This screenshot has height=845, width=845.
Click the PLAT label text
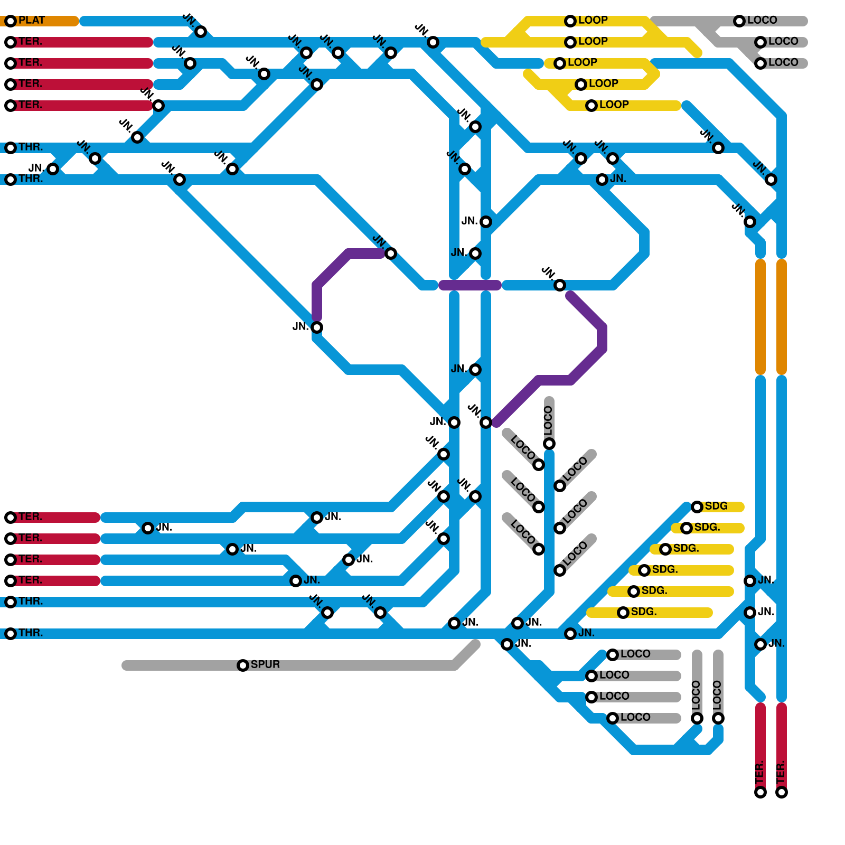tap(32, 21)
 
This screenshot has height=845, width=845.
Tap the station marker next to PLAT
tap(11, 21)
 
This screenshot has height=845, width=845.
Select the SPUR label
tap(265, 664)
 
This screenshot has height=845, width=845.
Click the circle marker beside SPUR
tap(243, 665)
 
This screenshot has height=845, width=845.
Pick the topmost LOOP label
tap(593, 20)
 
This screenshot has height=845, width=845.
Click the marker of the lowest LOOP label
tap(591, 106)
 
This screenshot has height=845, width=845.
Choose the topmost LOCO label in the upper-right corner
tap(762, 20)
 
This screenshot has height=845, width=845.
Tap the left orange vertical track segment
tap(760, 317)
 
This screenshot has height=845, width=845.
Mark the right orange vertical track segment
tap(782, 317)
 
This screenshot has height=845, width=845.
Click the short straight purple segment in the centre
tap(470, 285)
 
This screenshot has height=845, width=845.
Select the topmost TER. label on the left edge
tap(31, 41)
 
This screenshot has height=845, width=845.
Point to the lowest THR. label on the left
tap(31, 633)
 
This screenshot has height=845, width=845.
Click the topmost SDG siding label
tap(716, 506)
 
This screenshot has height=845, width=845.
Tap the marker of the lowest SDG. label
tap(623, 613)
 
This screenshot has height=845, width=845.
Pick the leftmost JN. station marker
tap(53, 169)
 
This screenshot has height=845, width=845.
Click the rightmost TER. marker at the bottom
tap(782, 792)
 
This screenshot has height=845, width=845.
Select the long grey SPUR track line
tap(343, 665)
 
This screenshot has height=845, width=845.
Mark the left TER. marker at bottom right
tap(760, 792)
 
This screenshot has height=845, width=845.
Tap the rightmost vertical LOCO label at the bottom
tap(717, 695)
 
